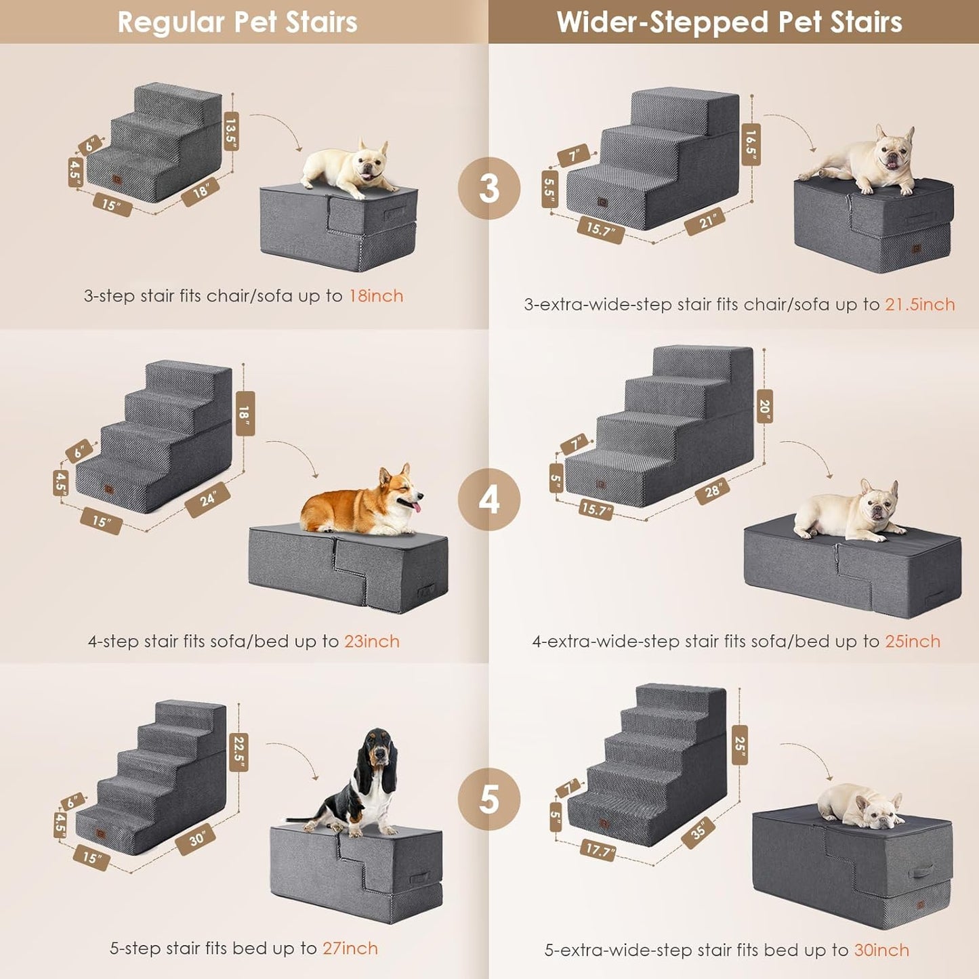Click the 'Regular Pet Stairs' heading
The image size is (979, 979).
pos(237,22)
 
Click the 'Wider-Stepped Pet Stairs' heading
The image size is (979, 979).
pos(729,22)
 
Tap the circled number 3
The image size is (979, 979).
pos(488,188)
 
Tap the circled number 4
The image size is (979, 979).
pos(488,500)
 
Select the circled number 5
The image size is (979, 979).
pos(488,799)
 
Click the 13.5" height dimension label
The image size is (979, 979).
pos(231,131)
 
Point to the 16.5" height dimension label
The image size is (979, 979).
pos(751,144)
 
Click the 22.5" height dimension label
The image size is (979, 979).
pos(238,752)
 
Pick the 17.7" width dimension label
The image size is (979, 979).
pos(598,850)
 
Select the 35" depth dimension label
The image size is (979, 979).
pos(699,830)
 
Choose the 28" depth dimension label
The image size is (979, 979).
pos(713,491)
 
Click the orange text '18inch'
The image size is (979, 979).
pos(376,296)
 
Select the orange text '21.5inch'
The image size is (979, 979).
pos(919,305)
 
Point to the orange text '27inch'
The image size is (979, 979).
pos(350,949)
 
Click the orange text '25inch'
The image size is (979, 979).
pos(913,642)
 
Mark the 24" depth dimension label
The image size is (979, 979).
pos(207,500)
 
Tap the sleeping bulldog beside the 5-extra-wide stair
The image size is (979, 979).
pos(859,806)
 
